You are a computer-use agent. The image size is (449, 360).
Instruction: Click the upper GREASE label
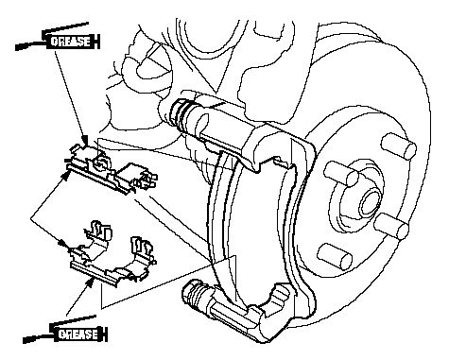[x=70, y=42]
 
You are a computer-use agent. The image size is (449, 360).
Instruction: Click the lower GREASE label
[x=78, y=334]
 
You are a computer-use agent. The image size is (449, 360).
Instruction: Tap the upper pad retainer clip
[x=111, y=170]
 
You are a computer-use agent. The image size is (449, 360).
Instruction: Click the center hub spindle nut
[x=370, y=202]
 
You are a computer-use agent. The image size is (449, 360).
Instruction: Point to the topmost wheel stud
[x=398, y=146]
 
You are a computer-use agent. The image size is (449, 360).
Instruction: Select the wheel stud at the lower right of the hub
[x=391, y=225]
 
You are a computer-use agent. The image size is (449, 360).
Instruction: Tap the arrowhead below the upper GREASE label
[x=84, y=141]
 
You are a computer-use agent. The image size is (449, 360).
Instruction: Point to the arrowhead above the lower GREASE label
[x=91, y=282]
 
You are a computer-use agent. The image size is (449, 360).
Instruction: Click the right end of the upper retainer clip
[x=146, y=180]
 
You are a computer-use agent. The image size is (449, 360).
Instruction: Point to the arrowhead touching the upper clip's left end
[x=67, y=174]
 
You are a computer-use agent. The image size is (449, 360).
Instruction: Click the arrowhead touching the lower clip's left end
[x=64, y=244]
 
